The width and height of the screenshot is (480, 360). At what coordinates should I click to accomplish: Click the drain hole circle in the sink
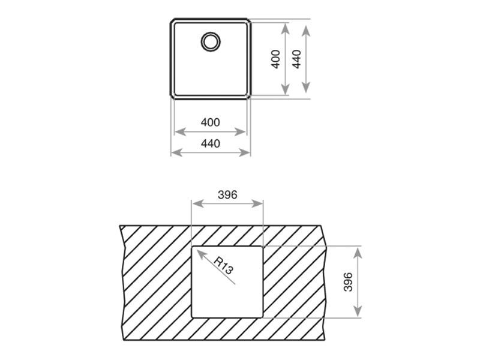coord(211,34)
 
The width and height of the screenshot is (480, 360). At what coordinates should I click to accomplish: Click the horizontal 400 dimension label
coord(211,122)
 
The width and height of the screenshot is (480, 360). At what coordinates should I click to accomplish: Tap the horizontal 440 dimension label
coord(211,143)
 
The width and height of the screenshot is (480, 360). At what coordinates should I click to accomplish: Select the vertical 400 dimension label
coord(276,59)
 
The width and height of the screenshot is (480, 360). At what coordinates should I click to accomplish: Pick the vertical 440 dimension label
coord(296,59)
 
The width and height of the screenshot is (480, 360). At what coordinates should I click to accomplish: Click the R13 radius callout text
coord(223,265)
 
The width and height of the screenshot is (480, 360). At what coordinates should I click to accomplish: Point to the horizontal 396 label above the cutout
coord(227,194)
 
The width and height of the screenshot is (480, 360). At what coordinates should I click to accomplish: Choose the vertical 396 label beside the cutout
coord(348,282)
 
